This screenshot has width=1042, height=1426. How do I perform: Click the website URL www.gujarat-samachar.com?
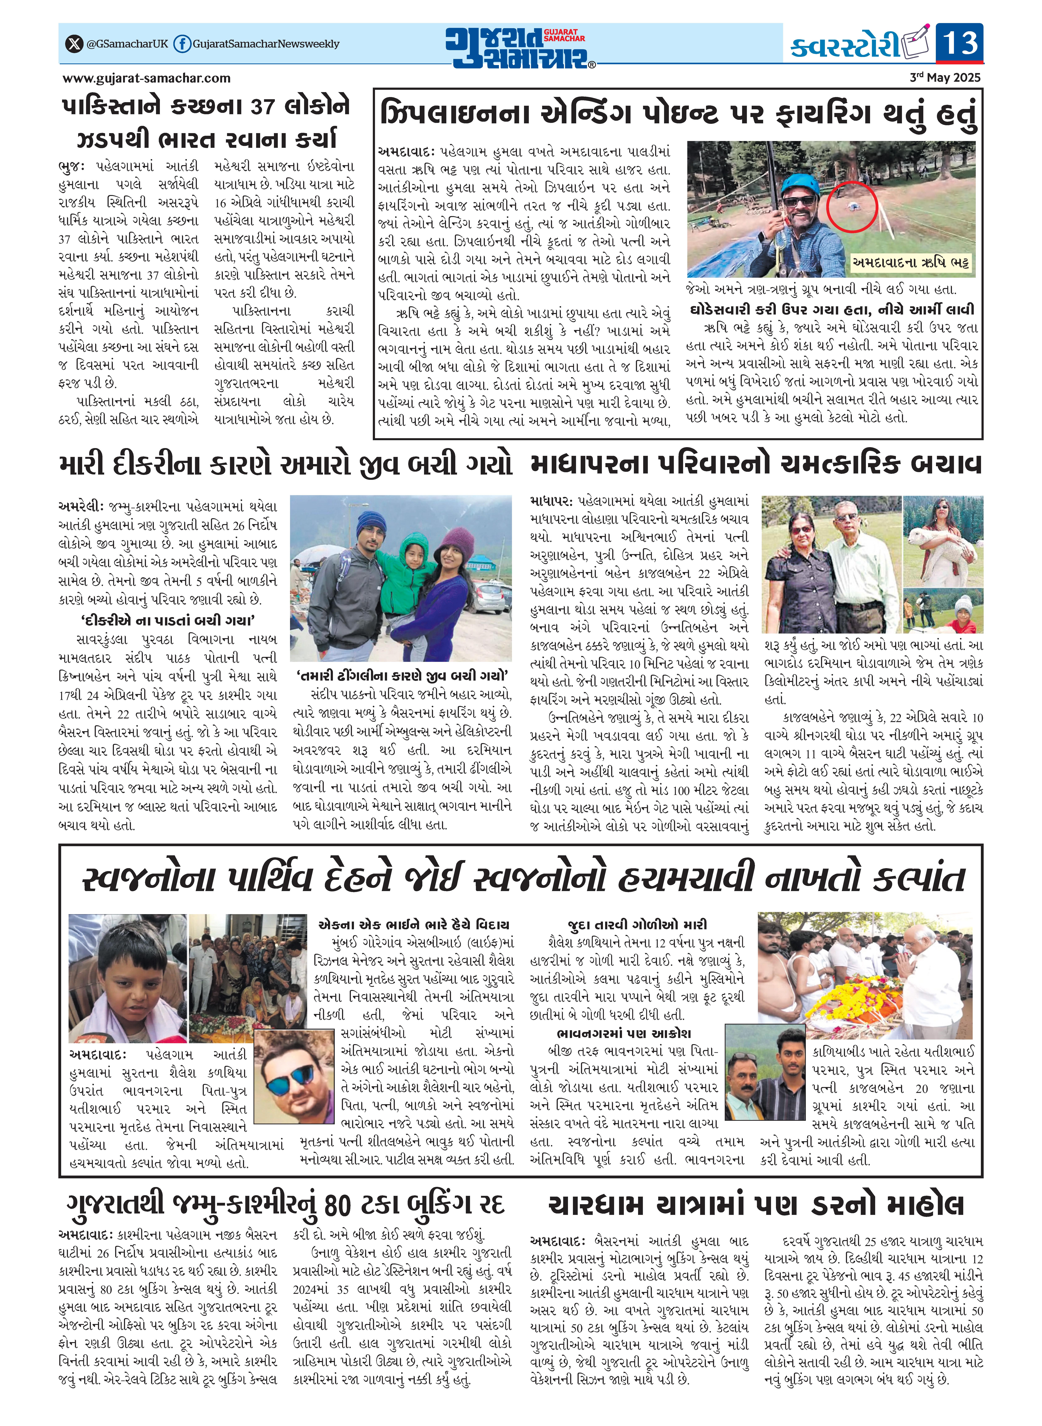point(146,78)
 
